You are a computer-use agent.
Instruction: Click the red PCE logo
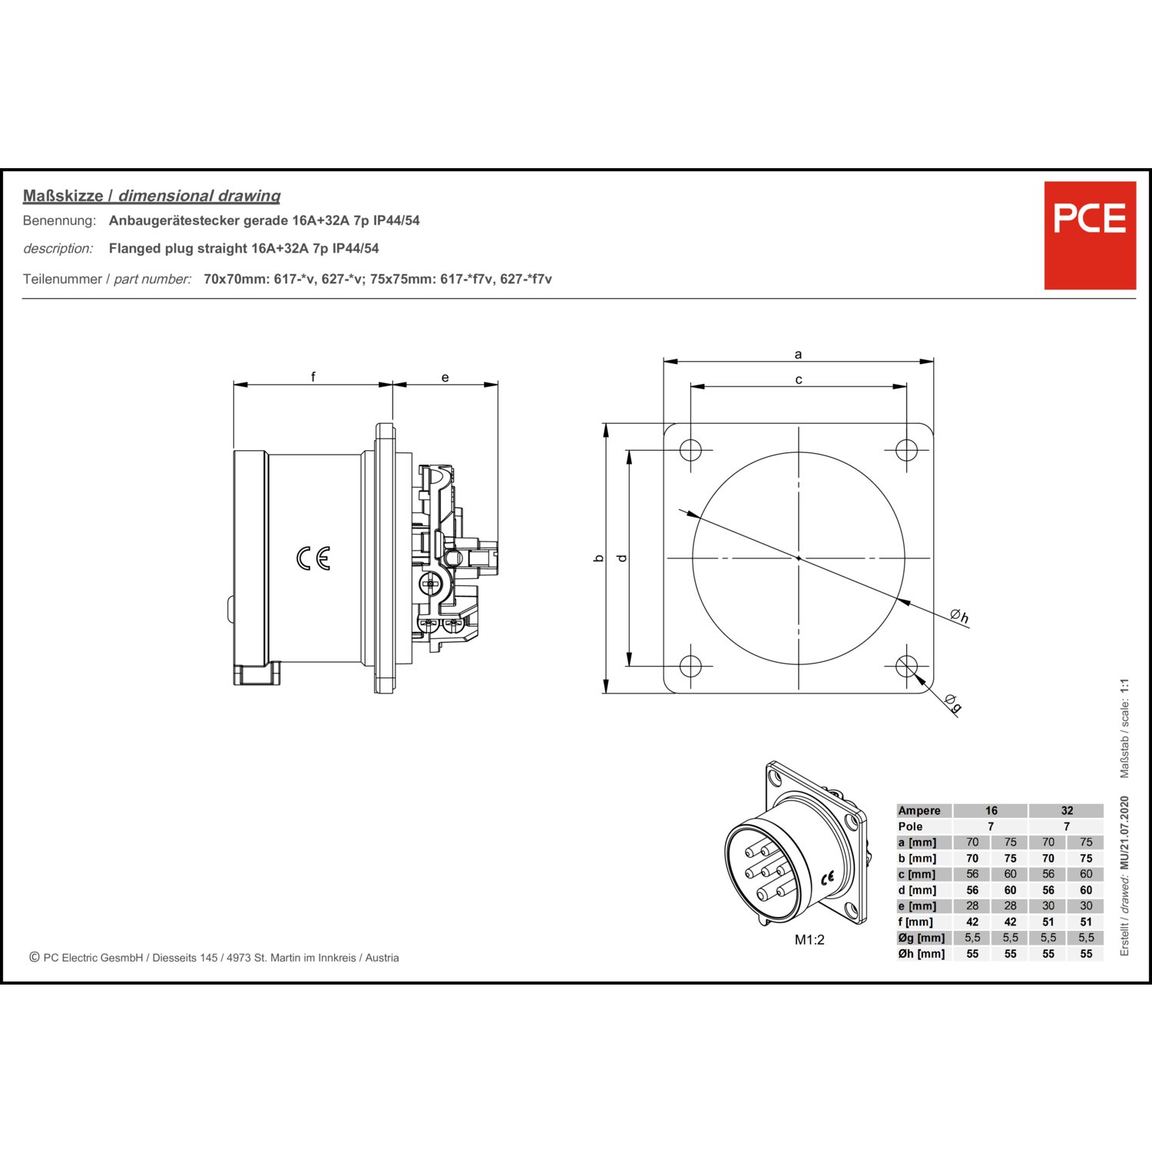1090,235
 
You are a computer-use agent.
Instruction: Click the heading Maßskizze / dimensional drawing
151,196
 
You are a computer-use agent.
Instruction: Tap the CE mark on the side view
313,558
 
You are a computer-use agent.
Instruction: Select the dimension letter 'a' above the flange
798,355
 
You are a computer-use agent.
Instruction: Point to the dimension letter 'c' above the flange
799,379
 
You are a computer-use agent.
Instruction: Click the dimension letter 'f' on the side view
313,376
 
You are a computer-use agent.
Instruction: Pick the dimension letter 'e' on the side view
445,378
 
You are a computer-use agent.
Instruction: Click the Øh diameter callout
959,616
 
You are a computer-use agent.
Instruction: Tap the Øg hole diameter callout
953,703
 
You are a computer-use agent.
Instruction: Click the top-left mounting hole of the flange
690,450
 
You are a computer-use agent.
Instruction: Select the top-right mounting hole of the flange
906,450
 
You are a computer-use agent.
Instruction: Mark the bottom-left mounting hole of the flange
690,666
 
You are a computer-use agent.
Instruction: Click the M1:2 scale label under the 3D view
809,940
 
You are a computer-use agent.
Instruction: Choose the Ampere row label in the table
919,811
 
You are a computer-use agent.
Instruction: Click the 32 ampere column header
1067,811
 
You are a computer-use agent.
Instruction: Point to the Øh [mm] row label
922,954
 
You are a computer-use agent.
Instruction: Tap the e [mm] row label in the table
917,906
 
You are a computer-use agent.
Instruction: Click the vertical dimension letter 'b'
599,558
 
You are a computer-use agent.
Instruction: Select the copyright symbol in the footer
35,957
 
